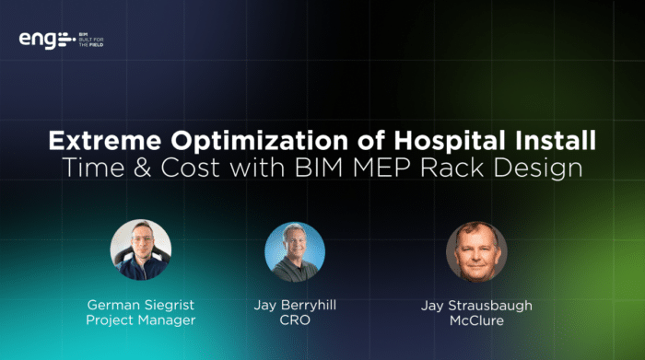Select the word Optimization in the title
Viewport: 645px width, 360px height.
pyautogui.click(x=240, y=143)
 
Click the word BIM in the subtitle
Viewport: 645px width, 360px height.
pyautogui.click(x=362, y=171)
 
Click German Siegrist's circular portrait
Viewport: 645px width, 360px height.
pyautogui.click(x=140, y=250)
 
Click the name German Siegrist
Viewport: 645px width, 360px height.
pyautogui.click(x=141, y=305)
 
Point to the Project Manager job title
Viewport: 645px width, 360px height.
pyautogui.click(x=141, y=321)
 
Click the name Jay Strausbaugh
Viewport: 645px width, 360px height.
pyautogui.click(x=476, y=305)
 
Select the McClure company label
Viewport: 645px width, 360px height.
pyautogui.click(x=476, y=321)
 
